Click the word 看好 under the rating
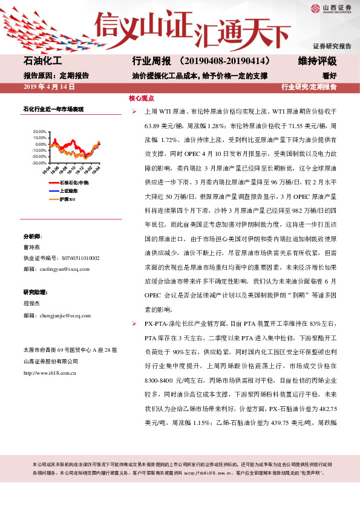pos(329,76)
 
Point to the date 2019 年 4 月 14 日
pos(48,87)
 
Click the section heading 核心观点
pos(142,99)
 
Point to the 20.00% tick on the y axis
pos(38,131)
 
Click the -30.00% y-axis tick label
pos(38,163)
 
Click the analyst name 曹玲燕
pos(32,247)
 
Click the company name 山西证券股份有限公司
pos(51,361)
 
